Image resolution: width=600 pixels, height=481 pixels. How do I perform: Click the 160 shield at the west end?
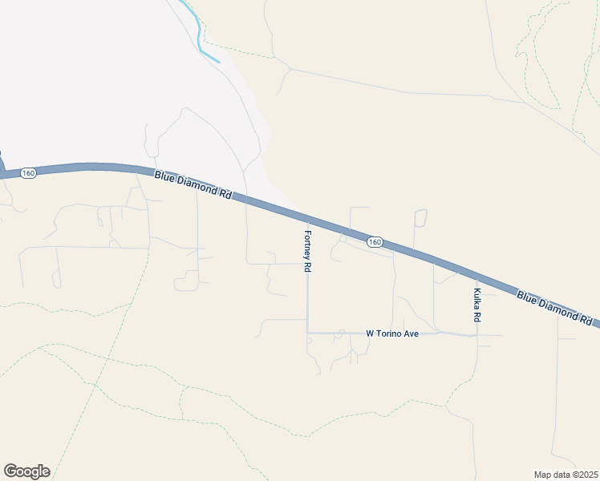[x=29, y=173]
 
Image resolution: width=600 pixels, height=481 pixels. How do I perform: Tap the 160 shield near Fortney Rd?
[x=375, y=241]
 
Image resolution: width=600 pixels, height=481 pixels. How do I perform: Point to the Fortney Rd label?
[x=307, y=251]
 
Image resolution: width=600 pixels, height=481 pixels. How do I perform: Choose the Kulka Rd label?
[x=477, y=305]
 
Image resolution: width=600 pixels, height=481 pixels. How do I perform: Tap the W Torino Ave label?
[x=392, y=333]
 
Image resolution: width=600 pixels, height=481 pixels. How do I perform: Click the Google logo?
[x=26, y=471]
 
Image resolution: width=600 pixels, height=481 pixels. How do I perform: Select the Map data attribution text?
[x=566, y=475]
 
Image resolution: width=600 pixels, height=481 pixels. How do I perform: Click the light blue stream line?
[x=200, y=36]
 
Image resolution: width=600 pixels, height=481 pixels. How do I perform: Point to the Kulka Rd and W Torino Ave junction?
[x=476, y=335]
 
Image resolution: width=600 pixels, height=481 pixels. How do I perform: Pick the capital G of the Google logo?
[x=10, y=471]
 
